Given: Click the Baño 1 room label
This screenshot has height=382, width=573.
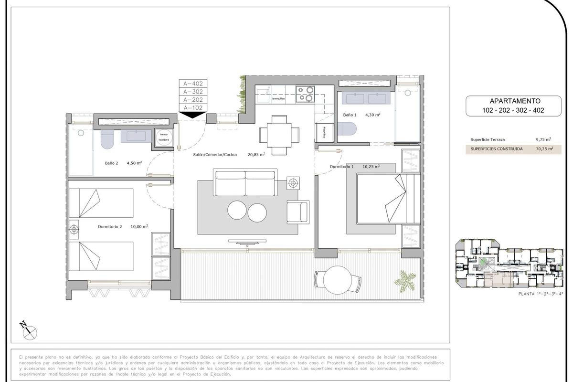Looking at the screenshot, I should click(x=350, y=115).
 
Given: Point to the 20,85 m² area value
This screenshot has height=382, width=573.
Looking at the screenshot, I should click(x=256, y=154).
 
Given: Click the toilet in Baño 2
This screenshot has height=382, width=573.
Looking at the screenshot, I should click(x=106, y=139).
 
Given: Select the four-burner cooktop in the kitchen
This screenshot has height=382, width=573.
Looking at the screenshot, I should click(x=305, y=94).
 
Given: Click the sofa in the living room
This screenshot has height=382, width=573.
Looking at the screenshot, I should click(x=245, y=182).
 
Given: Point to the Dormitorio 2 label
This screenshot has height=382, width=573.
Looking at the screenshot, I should click(x=110, y=227).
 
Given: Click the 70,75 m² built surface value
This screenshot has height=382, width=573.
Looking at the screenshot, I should click(x=544, y=149).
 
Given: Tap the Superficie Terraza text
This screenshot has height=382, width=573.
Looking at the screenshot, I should click(x=488, y=139).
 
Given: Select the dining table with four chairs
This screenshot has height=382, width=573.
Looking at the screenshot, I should click(x=276, y=132).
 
